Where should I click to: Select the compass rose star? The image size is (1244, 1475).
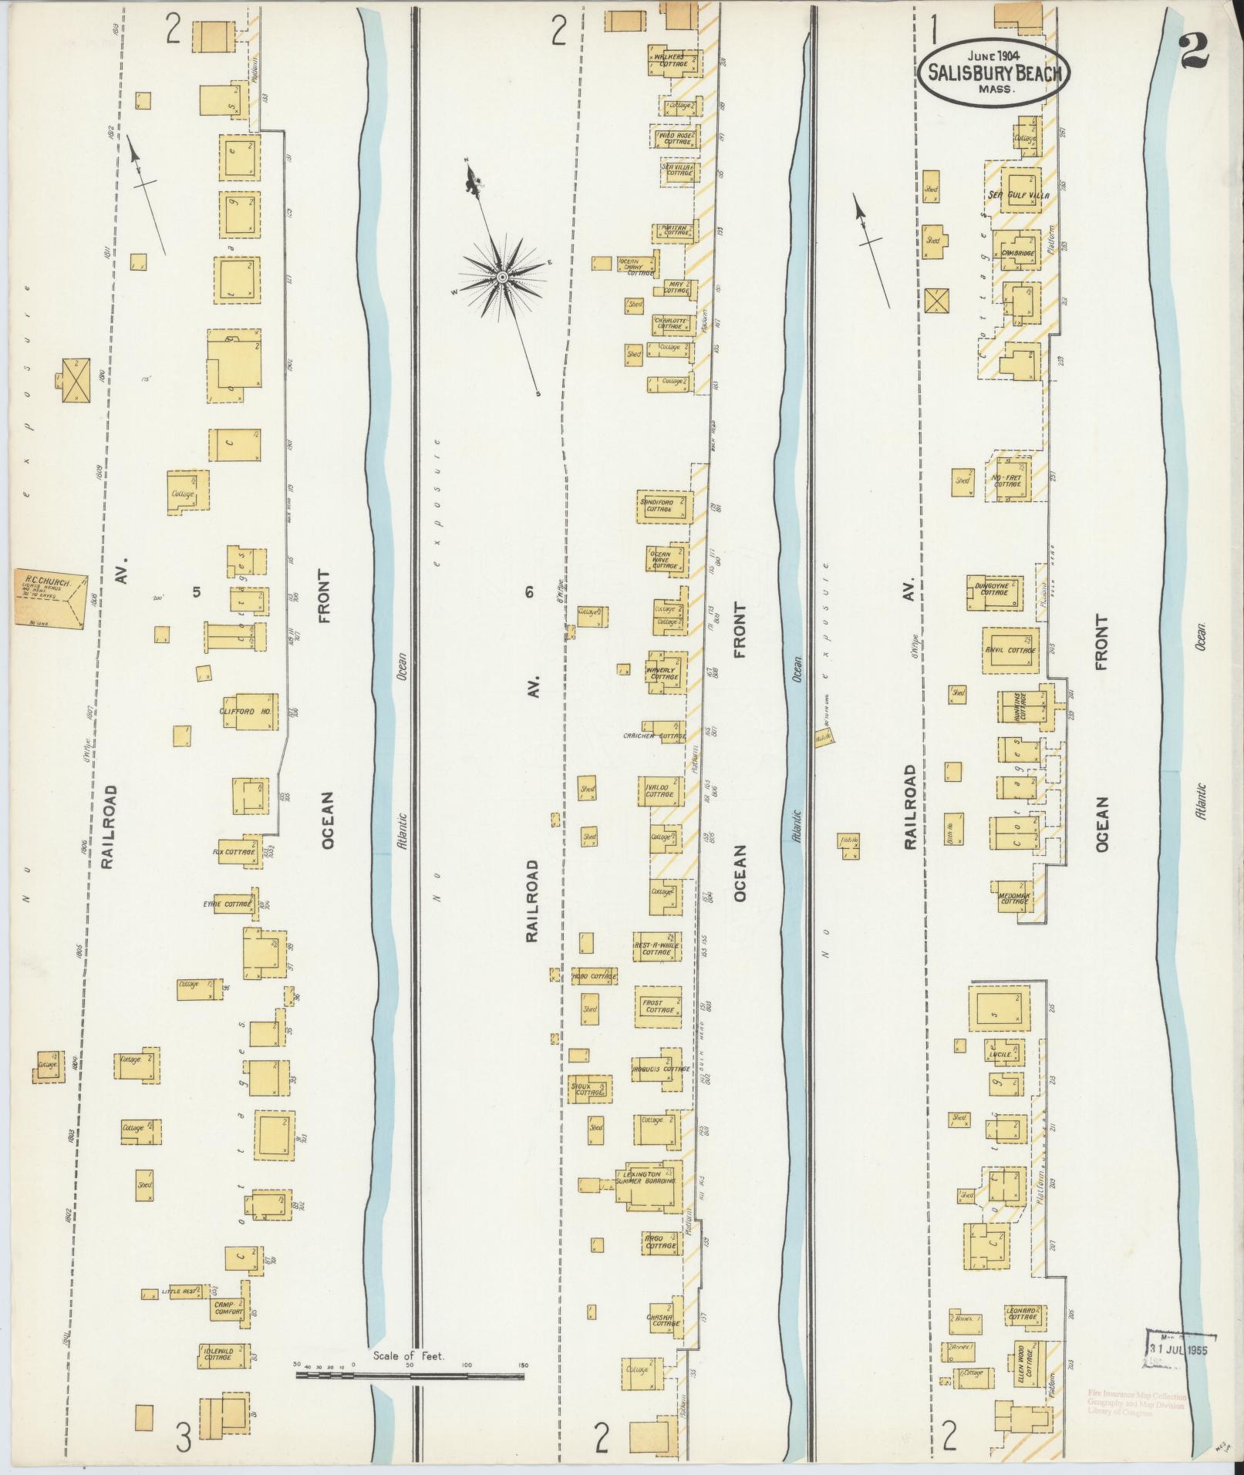click(502, 275)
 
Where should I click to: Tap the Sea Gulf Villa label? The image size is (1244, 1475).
click(1018, 195)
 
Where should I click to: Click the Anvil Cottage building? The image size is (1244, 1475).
click(1010, 648)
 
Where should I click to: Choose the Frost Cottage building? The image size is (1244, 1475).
click(658, 1007)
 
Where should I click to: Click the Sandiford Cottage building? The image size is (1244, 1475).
click(662, 507)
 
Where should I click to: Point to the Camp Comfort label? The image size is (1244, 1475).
click(228, 1307)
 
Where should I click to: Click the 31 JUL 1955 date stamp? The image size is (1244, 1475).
click(1178, 1349)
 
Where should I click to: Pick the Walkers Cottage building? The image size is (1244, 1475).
click(674, 60)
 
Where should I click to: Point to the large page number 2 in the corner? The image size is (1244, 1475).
click(1192, 52)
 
